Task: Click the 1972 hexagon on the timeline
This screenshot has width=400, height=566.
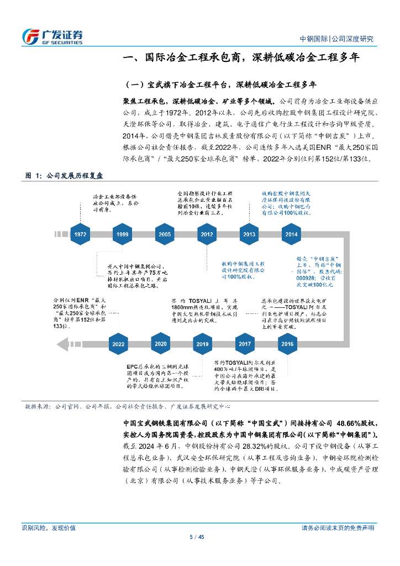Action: [81, 234]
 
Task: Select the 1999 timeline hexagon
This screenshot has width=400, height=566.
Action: [123, 234]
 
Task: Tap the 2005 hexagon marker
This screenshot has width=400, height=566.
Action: [165, 234]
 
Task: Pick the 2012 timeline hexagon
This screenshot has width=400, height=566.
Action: [207, 234]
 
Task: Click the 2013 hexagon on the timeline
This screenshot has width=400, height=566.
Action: [249, 234]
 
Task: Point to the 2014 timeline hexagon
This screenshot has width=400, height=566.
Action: [291, 234]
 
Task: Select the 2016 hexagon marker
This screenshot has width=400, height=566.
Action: [287, 344]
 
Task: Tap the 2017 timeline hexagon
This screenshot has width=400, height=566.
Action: [245, 344]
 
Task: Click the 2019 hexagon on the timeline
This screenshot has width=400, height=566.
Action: [203, 344]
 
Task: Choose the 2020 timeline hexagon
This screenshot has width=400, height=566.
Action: [161, 344]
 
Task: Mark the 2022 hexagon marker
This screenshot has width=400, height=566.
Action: [118, 344]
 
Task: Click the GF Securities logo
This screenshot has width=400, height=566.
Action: [52, 36]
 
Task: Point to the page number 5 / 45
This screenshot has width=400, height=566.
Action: [197, 537]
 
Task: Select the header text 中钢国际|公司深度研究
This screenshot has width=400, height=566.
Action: [336, 39]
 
